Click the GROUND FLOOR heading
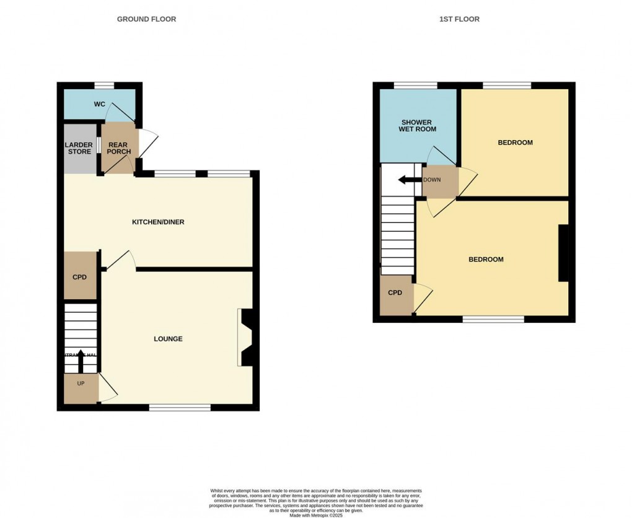point(146,19)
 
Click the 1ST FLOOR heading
point(459,19)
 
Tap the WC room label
point(99,104)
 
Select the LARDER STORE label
point(79,148)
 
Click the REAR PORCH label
point(118,148)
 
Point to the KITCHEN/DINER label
point(158,222)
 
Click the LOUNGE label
point(168,339)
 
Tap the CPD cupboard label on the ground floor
point(80,277)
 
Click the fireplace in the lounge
point(244,338)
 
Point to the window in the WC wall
point(104,86)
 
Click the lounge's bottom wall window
point(180,407)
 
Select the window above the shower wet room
point(415,86)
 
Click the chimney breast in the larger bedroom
point(564,253)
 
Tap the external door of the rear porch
point(147,144)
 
